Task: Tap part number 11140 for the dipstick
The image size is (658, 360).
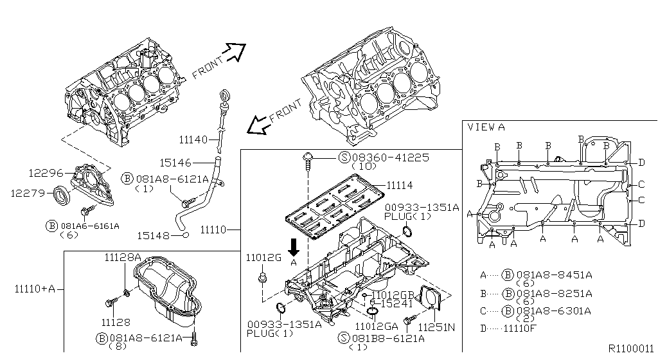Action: click(193, 139)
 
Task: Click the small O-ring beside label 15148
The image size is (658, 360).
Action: click(186, 236)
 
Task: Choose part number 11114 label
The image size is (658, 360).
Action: click(400, 185)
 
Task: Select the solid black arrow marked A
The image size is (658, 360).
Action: click(294, 248)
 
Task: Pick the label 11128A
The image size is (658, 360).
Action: click(123, 257)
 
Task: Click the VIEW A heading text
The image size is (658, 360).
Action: click(486, 127)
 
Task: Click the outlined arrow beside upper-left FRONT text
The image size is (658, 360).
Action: click(235, 50)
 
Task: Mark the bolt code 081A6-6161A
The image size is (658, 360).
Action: click(90, 226)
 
